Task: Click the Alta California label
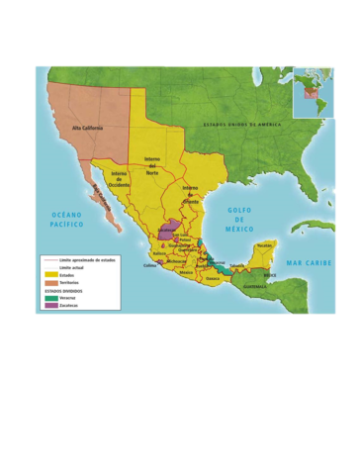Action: click(x=89, y=129)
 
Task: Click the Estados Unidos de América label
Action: click(x=242, y=125)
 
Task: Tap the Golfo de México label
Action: click(x=239, y=219)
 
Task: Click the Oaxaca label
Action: click(x=213, y=278)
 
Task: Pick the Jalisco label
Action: click(x=159, y=253)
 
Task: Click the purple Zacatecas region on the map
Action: click(x=166, y=231)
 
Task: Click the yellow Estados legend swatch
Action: click(x=50, y=274)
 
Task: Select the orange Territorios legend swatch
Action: click(x=50, y=282)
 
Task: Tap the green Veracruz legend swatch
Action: click(x=50, y=298)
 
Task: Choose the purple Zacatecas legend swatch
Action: click(x=50, y=306)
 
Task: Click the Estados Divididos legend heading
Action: click(x=63, y=291)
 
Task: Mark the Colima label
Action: click(x=150, y=265)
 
